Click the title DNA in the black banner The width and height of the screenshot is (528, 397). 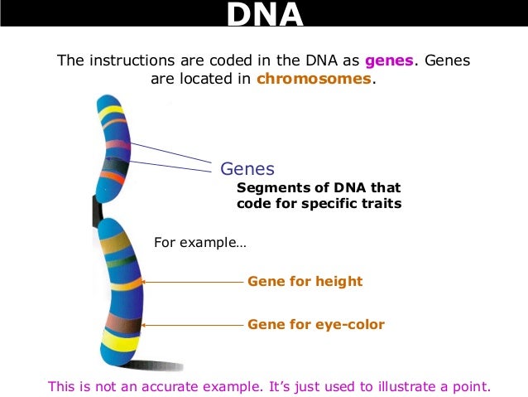click(x=265, y=15)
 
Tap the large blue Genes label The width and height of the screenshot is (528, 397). click(x=247, y=168)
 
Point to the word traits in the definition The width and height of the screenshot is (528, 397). click(x=381, y=203)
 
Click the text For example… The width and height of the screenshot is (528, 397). click(x=200, y=243)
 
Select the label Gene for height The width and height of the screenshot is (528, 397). click(x=305, y=281)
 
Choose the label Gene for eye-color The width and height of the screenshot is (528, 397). click(x=316, y=324)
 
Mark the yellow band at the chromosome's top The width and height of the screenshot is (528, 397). click(x=111, y=110)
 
